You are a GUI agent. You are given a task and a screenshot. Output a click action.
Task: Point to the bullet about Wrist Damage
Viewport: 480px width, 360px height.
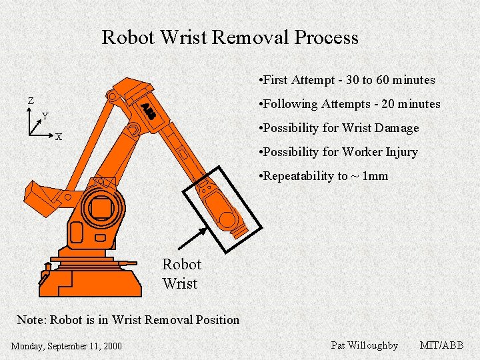pos(340,128)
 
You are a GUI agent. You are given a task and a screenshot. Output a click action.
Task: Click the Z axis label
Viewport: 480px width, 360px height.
pos(30,101)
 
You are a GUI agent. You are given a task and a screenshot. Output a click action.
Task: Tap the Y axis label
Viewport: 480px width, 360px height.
pos(45,116)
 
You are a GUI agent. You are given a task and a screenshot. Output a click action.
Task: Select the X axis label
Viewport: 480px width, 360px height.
pos(59,137)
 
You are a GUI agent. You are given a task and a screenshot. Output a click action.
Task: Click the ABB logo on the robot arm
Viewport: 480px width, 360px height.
pos(148,111)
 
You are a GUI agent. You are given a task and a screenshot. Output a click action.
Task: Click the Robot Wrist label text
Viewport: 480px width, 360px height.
pos(181,273)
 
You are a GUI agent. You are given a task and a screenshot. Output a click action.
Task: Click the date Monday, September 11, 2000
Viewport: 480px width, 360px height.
pos(67,345)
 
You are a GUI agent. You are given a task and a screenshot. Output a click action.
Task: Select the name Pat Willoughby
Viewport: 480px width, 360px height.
pos(364,345)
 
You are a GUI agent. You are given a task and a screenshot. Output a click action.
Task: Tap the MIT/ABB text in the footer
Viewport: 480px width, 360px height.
pos(441,345)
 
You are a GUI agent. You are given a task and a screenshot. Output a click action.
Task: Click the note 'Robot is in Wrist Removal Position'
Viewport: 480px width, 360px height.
pos(128,319)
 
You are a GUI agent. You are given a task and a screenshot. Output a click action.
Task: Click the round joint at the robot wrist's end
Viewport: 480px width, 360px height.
pos(229,219)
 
